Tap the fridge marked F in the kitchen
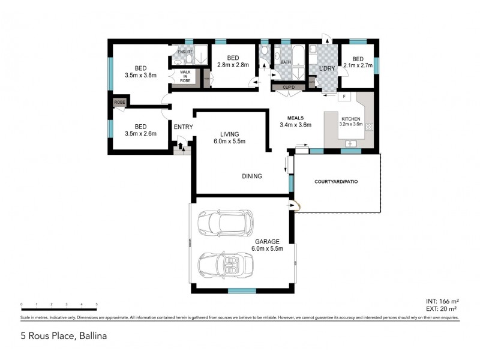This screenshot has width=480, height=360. tap(344, 97)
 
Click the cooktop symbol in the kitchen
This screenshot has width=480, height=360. tap(369, 127)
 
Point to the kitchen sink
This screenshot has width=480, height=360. tap(351, 143)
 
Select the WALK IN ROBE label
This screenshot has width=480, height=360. tap(185, 76)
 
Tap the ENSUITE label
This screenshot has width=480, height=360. tap(185, 52)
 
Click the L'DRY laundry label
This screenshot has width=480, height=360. tap(326, 69)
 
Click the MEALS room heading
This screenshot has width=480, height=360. tap(295, 118)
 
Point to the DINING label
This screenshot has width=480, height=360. tap(252, 176)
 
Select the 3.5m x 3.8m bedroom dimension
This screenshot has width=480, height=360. tap(140, 76)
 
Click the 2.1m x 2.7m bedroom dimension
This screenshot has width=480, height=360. tap(358, 65)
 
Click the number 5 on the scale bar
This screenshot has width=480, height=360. tap(97, 305)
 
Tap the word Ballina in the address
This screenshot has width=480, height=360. tap(92, 337)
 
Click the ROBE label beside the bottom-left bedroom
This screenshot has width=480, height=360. tap(119, 103)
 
